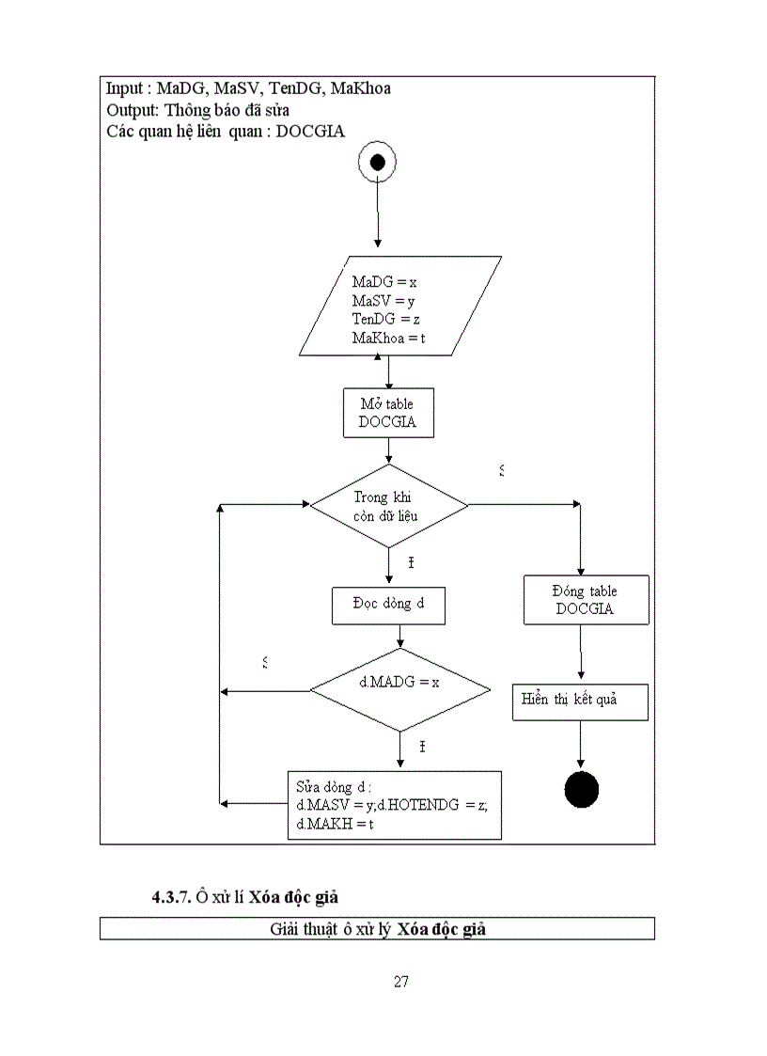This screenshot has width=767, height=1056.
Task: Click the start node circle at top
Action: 377,163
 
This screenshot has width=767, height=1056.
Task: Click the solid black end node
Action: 581,788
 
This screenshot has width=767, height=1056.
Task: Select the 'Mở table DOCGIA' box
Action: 389,414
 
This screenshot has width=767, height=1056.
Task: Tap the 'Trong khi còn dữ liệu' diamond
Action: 389,507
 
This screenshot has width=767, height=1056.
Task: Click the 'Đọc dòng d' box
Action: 388,605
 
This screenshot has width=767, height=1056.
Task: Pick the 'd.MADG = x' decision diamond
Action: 399,690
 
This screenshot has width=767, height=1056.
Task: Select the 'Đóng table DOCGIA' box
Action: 585,600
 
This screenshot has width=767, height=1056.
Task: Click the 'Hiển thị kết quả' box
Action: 580,701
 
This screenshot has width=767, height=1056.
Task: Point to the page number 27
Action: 401,983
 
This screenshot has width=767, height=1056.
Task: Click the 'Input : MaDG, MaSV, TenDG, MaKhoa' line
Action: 248,88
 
